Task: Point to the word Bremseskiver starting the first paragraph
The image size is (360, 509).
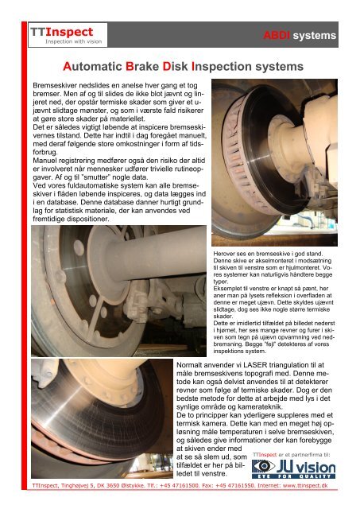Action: click(53, 84)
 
